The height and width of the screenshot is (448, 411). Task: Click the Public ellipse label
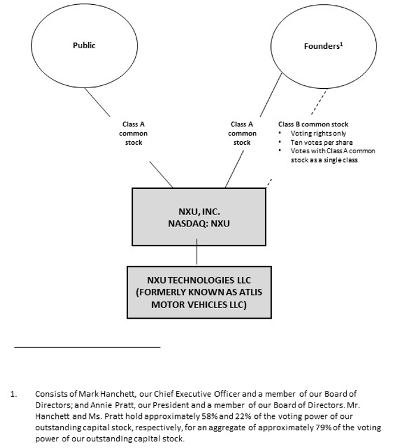click(84, 45)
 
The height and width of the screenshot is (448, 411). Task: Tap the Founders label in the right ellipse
click(321, 46)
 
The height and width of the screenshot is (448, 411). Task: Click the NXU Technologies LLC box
click(199, 292)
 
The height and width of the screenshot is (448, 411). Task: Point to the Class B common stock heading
click(313, 125)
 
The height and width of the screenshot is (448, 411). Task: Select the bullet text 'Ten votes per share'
click(322, 142)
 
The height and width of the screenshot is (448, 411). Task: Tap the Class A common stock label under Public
click(133, 133)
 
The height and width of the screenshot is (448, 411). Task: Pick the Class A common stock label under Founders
click(242, 133)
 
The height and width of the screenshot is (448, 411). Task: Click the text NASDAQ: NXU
click(198, 224)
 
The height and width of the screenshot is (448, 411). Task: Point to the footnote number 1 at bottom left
click(13, 394)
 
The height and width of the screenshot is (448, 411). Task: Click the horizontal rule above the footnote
click(87, 346)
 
